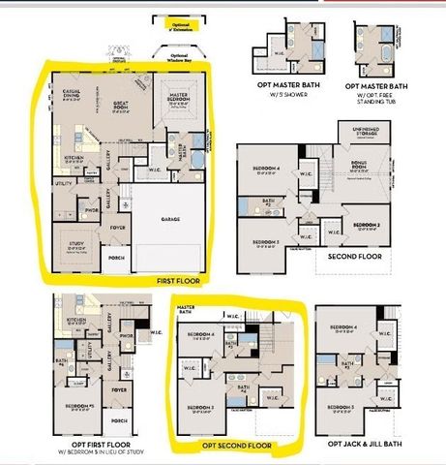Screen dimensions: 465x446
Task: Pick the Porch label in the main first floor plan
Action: coord(119,259)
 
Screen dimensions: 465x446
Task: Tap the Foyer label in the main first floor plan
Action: coord(118,229)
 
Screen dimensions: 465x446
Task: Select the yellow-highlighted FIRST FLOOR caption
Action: coord(178,280)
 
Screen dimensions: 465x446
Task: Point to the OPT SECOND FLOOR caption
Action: coord(234,445)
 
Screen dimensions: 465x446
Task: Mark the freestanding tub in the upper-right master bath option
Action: coord(386,48)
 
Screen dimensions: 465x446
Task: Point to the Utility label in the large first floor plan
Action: coord(63,183)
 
